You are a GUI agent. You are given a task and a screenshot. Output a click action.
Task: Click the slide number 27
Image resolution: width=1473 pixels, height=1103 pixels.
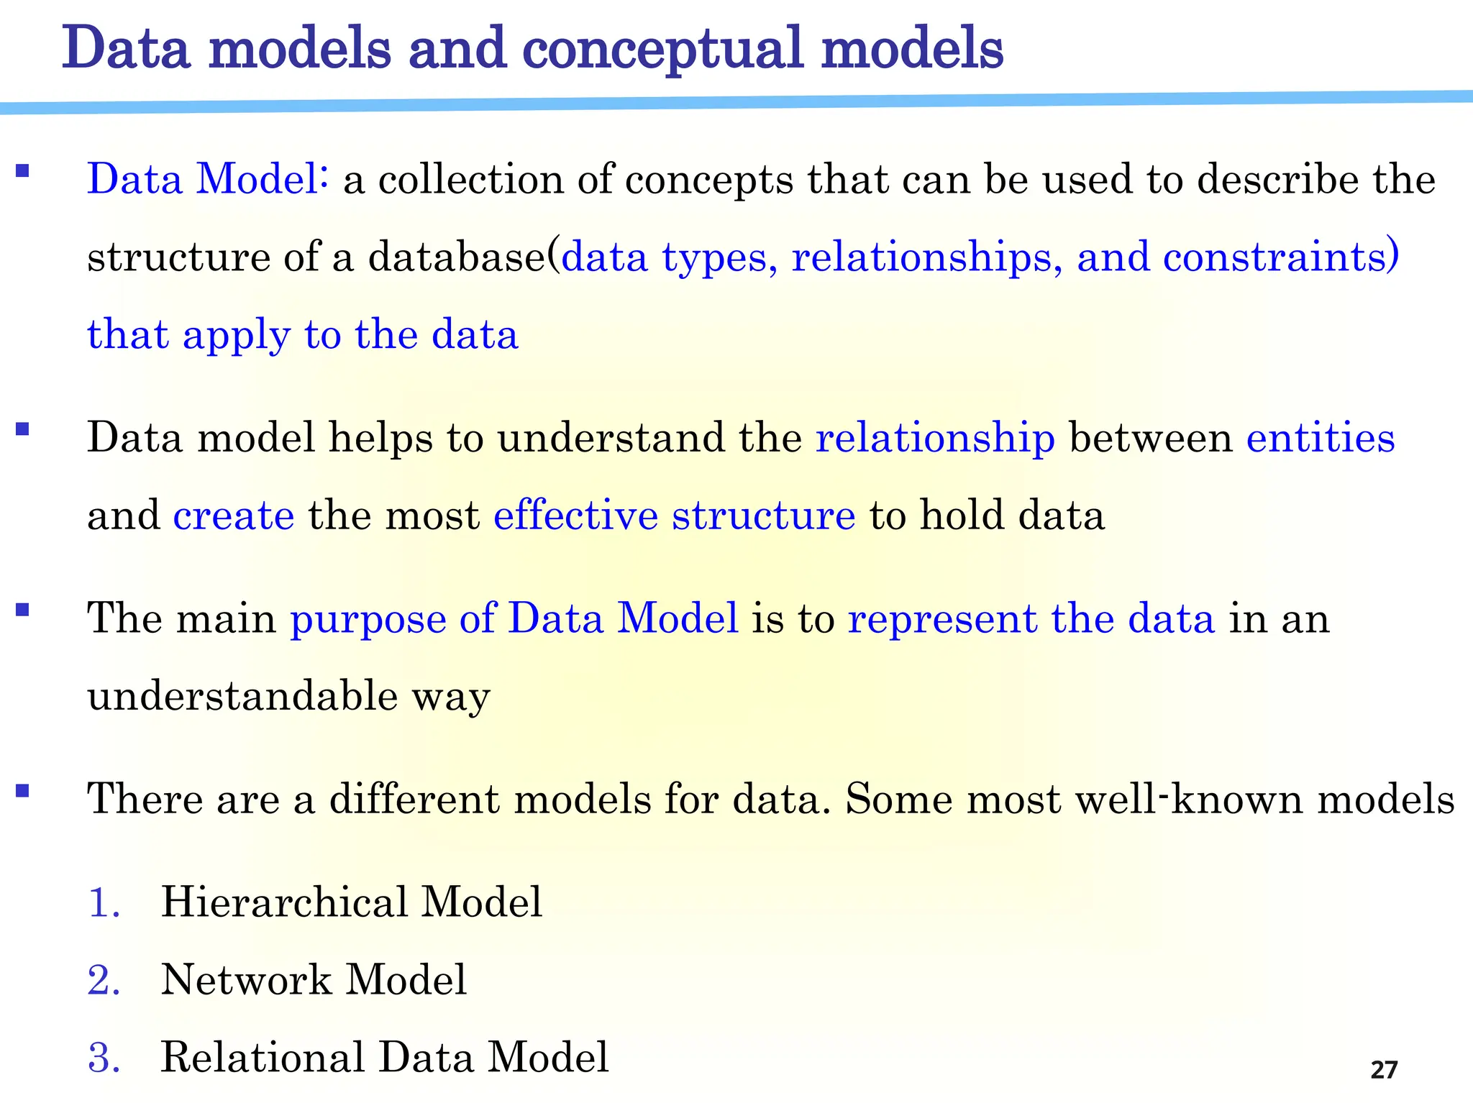[1384, 1071]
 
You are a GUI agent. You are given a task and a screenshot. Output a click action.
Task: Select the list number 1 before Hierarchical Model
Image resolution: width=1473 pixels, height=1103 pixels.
[104, 902]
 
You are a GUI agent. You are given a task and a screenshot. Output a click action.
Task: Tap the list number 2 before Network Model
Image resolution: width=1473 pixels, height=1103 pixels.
[104, 980]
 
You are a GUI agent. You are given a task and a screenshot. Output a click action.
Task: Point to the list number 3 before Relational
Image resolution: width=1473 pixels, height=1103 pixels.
[104, 1058]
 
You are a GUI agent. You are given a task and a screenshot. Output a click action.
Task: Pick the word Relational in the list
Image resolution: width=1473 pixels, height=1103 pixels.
[263, 1058]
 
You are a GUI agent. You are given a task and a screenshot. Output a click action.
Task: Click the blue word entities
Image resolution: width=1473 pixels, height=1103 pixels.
[1321, 438]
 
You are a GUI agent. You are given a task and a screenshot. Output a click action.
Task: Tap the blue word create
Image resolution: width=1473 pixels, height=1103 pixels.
[234, 516]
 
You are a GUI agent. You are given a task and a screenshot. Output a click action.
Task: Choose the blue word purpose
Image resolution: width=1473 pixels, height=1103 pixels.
[368, 620]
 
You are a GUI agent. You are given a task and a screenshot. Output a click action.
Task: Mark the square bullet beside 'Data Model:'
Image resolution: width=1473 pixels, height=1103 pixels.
[22, 171]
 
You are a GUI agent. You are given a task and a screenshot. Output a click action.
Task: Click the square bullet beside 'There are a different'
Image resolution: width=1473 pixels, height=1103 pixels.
[22, 791]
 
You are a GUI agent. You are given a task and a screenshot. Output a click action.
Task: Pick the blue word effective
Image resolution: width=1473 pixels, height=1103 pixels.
[575, 516]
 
